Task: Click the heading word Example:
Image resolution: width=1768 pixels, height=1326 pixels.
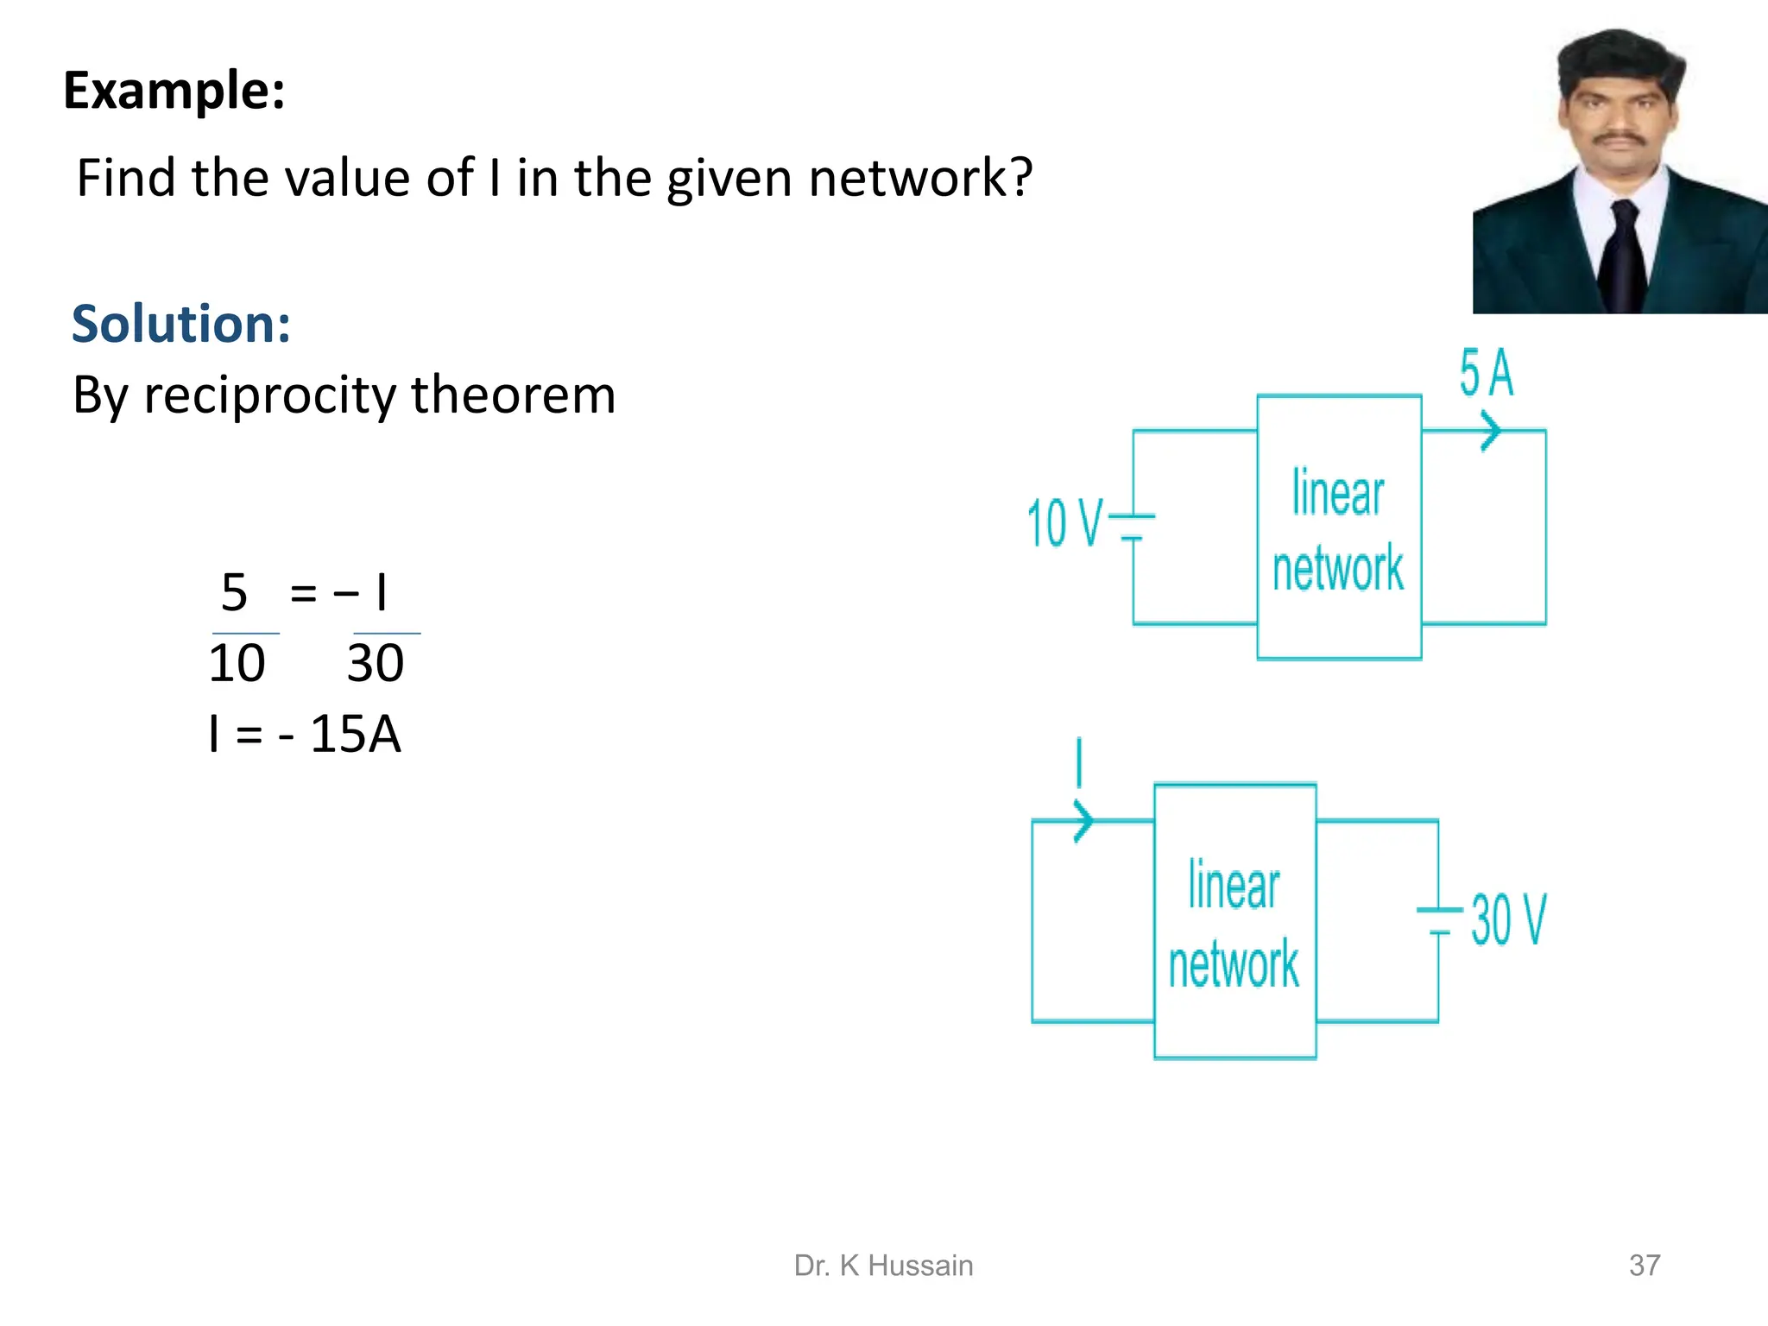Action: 174,91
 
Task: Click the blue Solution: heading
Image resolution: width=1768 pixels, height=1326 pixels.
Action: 181,324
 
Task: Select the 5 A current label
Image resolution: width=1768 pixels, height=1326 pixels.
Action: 1486,374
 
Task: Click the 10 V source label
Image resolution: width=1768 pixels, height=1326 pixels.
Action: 1064,523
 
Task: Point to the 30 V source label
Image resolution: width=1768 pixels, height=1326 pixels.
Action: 1508,920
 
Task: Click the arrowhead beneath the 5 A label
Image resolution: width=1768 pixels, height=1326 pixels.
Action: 1490,431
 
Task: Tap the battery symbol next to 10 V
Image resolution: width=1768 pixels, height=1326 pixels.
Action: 1132,527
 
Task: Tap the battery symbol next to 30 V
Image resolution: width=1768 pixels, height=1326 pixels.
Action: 1439,920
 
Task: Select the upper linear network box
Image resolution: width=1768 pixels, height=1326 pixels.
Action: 1339,527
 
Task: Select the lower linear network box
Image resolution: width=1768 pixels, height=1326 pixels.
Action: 1234,921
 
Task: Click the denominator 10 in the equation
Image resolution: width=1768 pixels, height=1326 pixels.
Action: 237,664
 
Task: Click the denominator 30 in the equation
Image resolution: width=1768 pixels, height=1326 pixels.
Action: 376,664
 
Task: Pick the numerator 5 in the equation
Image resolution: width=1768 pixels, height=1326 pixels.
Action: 234,593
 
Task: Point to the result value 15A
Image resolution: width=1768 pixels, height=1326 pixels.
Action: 355,735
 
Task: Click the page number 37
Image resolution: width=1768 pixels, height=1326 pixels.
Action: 1644,1266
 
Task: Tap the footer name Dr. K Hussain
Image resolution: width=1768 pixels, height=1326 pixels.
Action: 883,1266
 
